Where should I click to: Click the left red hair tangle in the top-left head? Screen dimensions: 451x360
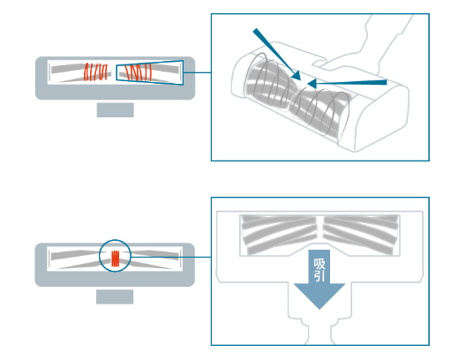pyautogui.click(x=95, y=72)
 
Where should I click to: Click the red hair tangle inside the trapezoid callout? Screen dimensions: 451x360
pyautogui.click(x=139, y=72)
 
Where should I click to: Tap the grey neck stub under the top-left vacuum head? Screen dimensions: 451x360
pyautogui.click(x=116, y=110)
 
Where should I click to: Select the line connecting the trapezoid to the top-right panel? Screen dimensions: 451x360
pyautogui.click(x=197, y=72)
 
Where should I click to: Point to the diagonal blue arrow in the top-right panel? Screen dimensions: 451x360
pyautogui.click(x=276, y=54)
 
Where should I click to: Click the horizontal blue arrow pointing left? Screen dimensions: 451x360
pyautogui.click(x=347, y=83)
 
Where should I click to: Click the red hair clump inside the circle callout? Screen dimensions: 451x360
pyautogui.click(x=116, y=259)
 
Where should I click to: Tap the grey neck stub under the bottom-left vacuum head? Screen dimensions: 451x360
pyautogui.click(x=115, y=296)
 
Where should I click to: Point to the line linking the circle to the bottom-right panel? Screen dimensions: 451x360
pyautogui.click(x=170, y=257)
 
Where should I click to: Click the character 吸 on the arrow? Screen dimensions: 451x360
pyautogui.click(x=319, y=264)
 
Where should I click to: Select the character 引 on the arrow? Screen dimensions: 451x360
pyautogui.click(x=319, y=275)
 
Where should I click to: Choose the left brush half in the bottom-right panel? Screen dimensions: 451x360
pyautogui.click(x=279, y=235)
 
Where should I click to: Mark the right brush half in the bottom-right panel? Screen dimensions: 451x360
pyautogui.click(x=361, y=235)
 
